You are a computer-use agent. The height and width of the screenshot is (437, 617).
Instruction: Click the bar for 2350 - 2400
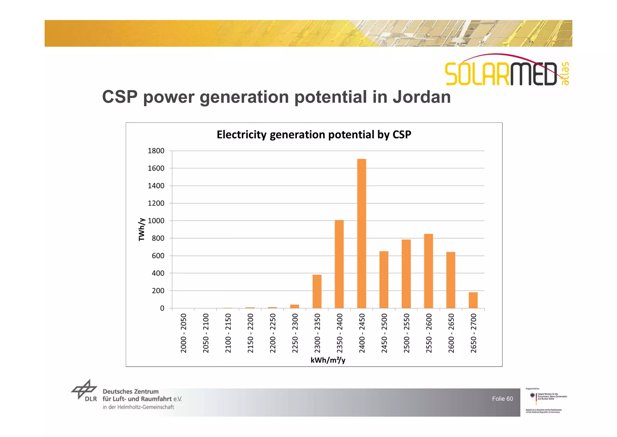click(x=339, y=264)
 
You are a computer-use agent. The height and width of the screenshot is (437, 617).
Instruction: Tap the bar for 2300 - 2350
click(x=317, y=291)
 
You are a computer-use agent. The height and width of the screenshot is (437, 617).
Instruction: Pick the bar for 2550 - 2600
click(x=428, y=271)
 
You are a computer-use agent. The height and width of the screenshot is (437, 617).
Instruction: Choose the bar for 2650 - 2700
click(x=473, y=300)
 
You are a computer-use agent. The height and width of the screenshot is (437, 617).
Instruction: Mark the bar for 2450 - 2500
click(x=384, y=279)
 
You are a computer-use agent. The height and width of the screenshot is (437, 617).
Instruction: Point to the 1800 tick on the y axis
click(x=156, y=151)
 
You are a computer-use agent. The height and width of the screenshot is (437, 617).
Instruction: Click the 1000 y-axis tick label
click(x=156, y=221)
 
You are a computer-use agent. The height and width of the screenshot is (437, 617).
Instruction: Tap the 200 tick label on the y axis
click(x=158, y=291)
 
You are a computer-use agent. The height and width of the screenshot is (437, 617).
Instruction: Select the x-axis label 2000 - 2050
click(x=183, y=333)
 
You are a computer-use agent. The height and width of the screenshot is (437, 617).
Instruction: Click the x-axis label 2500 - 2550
click(x=406, y=333)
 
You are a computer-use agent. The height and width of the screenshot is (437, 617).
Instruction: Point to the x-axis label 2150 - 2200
click(x=250, y=333)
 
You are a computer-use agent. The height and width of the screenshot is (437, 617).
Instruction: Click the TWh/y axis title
click(x=142, y=229)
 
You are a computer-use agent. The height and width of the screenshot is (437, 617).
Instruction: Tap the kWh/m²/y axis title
click(x=328, y=360)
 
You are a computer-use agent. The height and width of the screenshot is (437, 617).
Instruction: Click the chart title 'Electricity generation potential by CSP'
click(x=314, y=135)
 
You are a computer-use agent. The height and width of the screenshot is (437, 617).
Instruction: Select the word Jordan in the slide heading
click(x=421, y=97)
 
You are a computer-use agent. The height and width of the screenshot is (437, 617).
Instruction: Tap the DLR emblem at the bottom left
click(x=84, y=390)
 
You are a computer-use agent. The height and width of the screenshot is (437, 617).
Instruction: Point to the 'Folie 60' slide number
click(x=502, y=399)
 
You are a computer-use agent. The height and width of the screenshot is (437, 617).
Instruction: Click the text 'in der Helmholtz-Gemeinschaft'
click(x=138, y=407)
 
